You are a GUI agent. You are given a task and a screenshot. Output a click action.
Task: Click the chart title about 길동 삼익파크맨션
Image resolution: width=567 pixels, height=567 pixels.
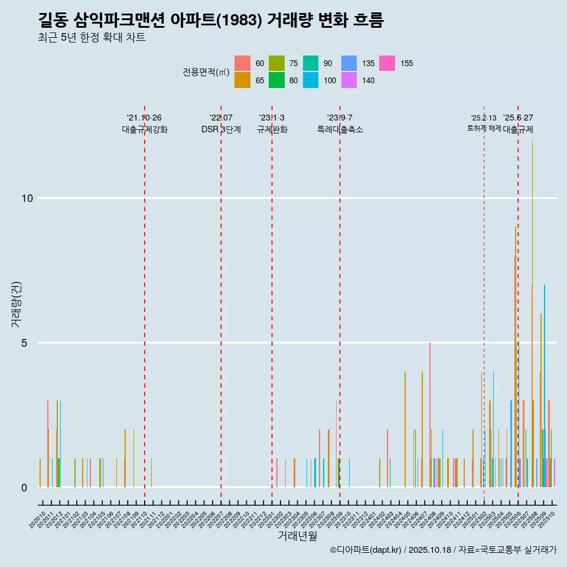[x=211, y=21]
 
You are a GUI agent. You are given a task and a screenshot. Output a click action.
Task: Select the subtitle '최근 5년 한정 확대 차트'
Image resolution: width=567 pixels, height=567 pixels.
[x=92, y=38]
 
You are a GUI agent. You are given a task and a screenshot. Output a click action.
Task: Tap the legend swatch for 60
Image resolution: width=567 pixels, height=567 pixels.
[x=242, y=63]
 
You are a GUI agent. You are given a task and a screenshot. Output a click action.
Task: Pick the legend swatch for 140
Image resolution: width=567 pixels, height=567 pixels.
[x=350, y=80]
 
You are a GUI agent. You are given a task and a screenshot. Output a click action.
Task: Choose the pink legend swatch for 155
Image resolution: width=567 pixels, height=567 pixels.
[x=387, y=63]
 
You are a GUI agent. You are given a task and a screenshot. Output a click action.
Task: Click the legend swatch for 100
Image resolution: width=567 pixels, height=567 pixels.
[x=311, y=80]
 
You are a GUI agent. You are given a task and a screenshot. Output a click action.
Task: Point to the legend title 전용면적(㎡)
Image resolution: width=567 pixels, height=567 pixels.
[x=206, y=72]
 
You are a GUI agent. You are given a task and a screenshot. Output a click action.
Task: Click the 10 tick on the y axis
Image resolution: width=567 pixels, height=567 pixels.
[x=27, y=198]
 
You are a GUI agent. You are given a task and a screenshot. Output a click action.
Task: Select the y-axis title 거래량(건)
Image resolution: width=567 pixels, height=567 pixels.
[x=17, y=305]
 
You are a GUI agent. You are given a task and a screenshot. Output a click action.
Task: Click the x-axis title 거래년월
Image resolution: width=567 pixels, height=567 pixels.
[x=298, y=536]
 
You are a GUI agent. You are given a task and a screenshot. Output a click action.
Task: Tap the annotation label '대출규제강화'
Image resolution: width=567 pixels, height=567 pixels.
[x=145, y=129]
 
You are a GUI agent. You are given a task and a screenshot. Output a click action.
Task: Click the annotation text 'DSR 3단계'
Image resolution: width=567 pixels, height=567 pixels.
[x=221, y=129]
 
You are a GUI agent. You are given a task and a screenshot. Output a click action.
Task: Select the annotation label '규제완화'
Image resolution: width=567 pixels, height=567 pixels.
[x=272, y=129]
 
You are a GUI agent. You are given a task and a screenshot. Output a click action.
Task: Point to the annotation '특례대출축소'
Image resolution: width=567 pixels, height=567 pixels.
[x=340, y=129]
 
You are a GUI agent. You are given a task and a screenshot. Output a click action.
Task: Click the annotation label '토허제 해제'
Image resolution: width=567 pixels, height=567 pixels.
[x=484, y=128]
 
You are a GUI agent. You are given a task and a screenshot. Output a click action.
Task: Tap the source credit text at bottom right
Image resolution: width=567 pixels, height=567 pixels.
[x=443, y=550]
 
